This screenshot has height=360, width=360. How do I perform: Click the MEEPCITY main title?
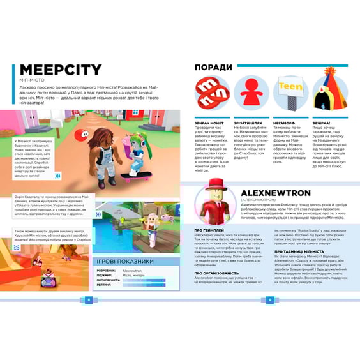pyautogui.click(x=60, y=70)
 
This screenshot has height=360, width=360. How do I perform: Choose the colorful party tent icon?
pyautogui.click(x=329, y=94)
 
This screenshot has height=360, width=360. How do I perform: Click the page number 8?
pyautogui.click(x=87, y=299)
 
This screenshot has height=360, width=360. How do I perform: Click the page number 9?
pyautogui.click(x=271, y=299)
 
